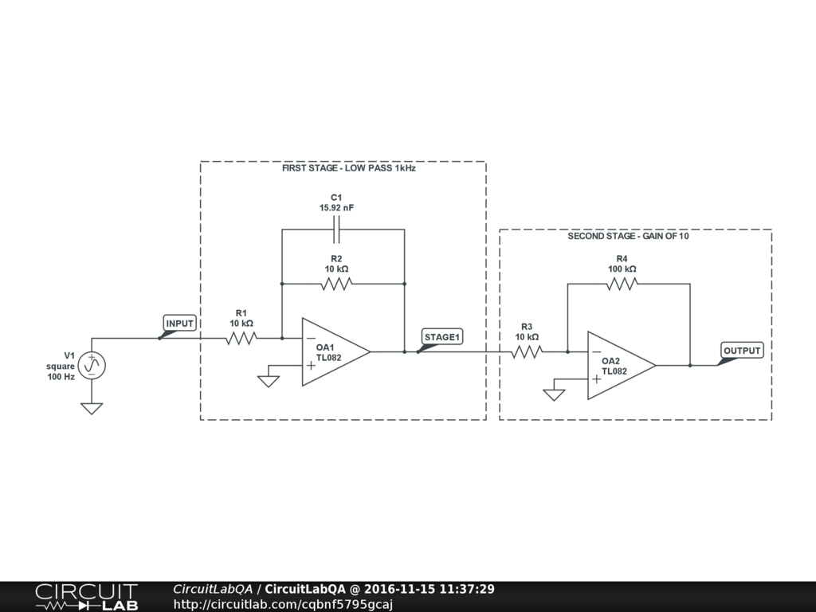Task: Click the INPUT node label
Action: [180, 324]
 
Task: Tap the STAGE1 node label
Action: [442, 337]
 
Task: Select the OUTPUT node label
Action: [742, 351]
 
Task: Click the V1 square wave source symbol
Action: [92, 365]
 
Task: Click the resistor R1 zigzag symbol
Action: [241, 338]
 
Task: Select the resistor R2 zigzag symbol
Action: [336, 284]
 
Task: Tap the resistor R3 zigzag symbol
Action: [526, 351]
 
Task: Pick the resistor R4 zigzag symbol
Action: [622, 284]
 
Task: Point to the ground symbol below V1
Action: [92, 409]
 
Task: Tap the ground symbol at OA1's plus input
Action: [269, 380]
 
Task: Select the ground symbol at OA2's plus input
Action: [554, 394]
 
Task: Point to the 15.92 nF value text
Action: [336, 208]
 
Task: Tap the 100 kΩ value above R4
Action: [622, 269]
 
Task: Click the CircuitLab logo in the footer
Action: [86, 596]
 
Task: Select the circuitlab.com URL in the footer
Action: [283, 604]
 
